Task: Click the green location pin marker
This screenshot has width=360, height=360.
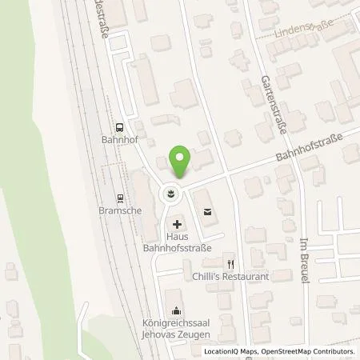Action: tap(181, 162)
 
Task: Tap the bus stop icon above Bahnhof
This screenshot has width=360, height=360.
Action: tap(119, 126)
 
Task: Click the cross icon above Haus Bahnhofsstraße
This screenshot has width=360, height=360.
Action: tap(177, 225)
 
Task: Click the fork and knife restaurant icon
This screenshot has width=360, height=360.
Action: tap(230, 262)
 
